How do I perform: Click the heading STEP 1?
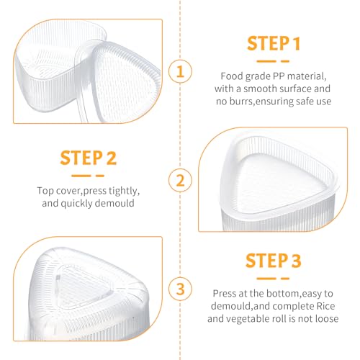[x=274, y=43]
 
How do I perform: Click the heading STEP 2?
[x=89, y=158]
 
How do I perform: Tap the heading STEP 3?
[x=274, y=261]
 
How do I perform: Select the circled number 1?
[x=180, y=71]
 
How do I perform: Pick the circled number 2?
[x=180, y=180]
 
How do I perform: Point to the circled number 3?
[x=180, y=289]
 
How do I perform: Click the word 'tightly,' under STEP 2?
[x=124, y=191]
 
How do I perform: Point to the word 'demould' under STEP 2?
[x=114, y=203]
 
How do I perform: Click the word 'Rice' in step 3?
[x=325, y=306]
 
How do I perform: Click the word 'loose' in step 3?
[x=327, y=319]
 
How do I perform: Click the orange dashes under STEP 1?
[x=273, y=61]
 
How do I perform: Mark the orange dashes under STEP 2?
[x=88, y=176]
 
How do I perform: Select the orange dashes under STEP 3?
[x=273, y=279]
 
